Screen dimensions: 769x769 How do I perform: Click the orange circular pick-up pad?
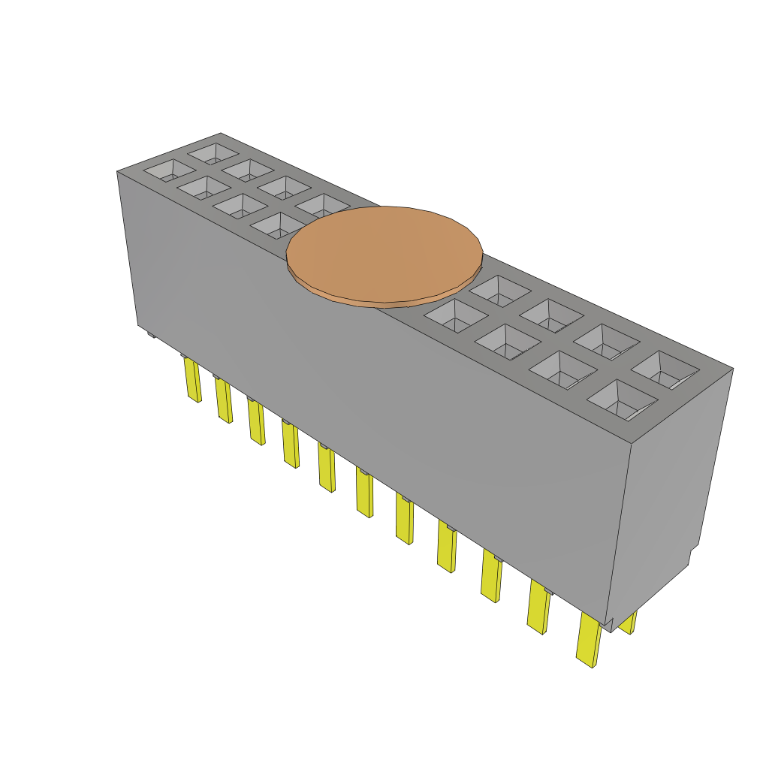(384, 252)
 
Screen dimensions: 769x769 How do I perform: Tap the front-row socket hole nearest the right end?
(620, 399)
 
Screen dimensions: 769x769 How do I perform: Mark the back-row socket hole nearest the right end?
(664, 370)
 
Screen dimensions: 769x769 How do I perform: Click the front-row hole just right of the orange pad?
(455, 315)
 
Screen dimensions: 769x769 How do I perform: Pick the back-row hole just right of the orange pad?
(496, 290)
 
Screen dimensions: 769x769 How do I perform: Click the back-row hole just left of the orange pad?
(321, 205)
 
